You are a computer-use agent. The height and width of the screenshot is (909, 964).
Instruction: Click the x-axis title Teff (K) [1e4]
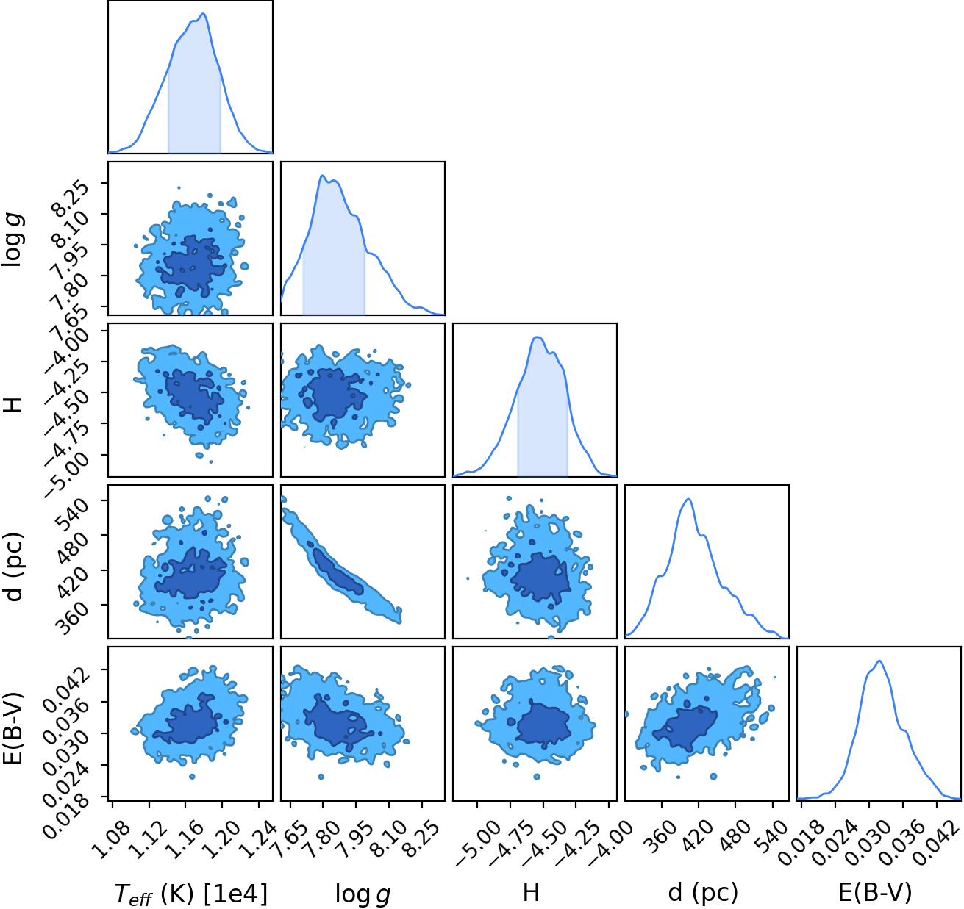(x=190, y=894)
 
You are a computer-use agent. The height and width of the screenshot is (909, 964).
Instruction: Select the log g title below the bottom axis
(x=363, y=894)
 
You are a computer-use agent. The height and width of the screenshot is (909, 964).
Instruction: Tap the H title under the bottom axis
(x=531, y=891)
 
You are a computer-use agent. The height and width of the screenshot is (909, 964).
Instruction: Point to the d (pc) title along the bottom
(x=704, y=893)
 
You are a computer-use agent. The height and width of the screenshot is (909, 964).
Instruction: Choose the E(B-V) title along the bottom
(x=875, y=892)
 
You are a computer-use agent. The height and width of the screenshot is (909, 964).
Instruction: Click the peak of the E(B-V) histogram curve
(x=879, y=661)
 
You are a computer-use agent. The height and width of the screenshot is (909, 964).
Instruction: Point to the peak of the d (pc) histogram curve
(x=688, y=499)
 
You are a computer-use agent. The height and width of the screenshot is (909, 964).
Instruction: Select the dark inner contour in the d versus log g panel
(x=338, y=572)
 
